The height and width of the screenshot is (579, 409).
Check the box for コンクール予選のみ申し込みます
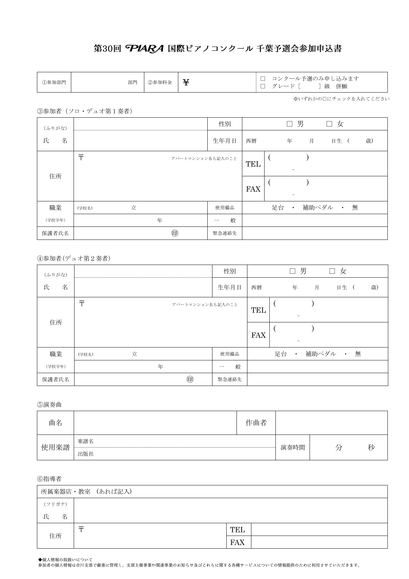[x=263, y=79]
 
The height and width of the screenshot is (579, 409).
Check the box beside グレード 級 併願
[x=263, y=86]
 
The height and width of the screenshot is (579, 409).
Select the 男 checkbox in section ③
[x=290, y=124]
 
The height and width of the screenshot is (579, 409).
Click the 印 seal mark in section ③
[x=175, y=233]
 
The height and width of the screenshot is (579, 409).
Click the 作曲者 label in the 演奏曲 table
[x=256, y=423]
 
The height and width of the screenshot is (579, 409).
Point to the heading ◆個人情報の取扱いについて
[x=65, y=560]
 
